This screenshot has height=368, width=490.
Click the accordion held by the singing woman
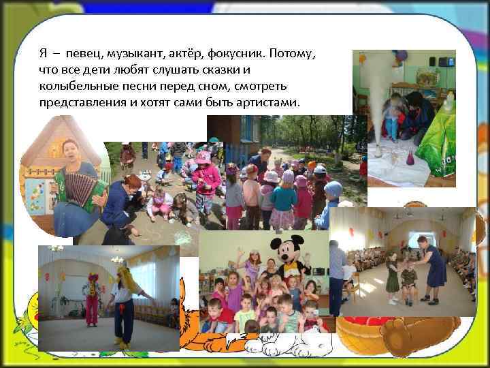tap(79, 187)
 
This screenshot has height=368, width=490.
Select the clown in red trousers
tap(91, 297)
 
